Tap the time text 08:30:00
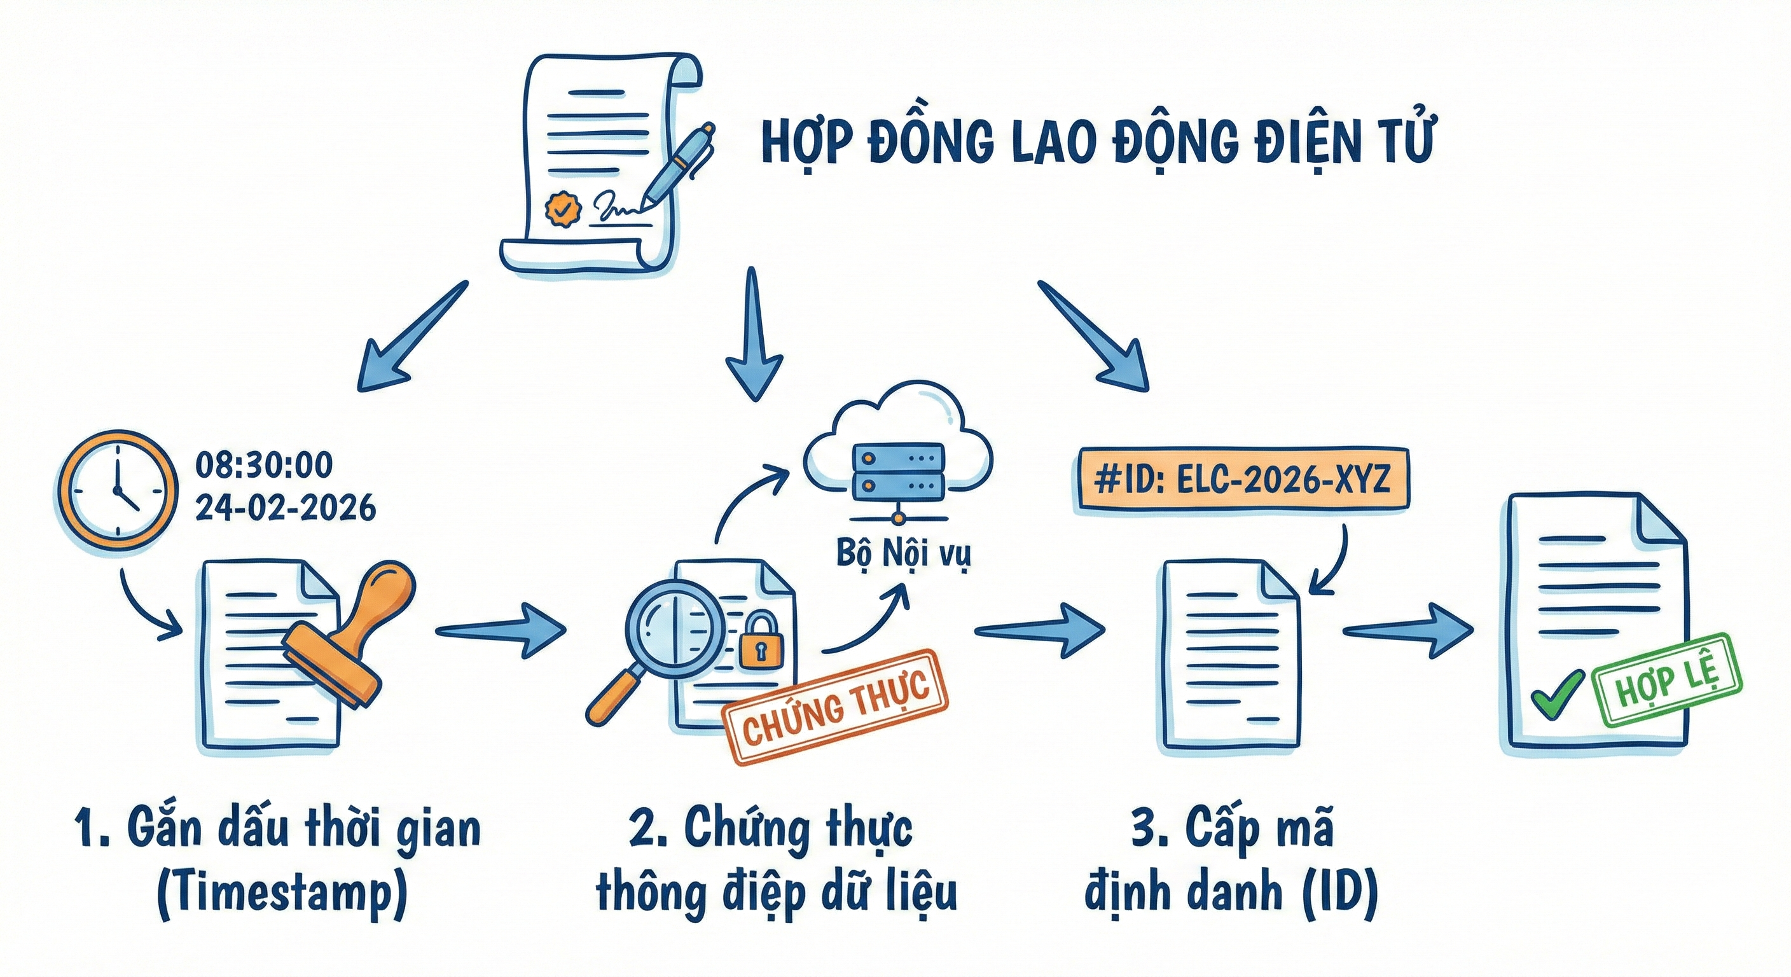263,465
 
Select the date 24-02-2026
285,508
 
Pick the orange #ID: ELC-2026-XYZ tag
1241,480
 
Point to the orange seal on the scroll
562,207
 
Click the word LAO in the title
1051,142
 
